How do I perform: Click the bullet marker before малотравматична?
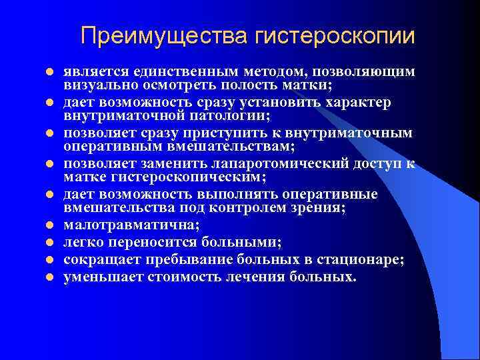click(49, 226)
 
